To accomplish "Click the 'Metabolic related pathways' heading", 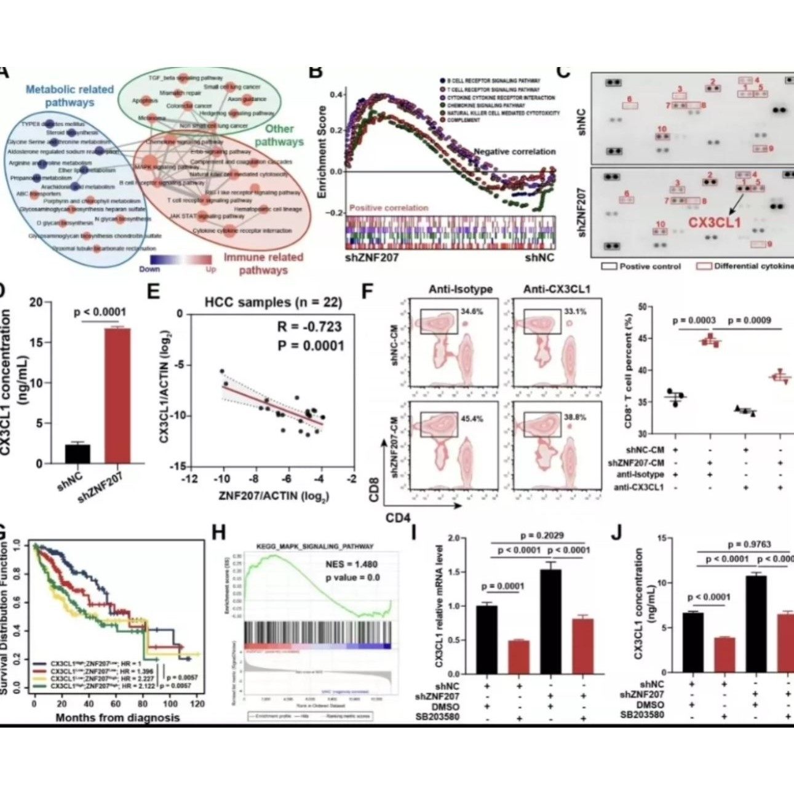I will pyautogui.click(x=69, y=95).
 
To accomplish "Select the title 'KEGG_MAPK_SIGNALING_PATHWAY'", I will pyautogui.click(x=314, y=546).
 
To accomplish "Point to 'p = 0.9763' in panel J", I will pyautogui.click(x=749, y=544).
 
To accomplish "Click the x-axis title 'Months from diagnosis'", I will pyautogui.click(x=117, y=717).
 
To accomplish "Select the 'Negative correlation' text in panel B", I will pyautogui.click(x=514, y=151).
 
